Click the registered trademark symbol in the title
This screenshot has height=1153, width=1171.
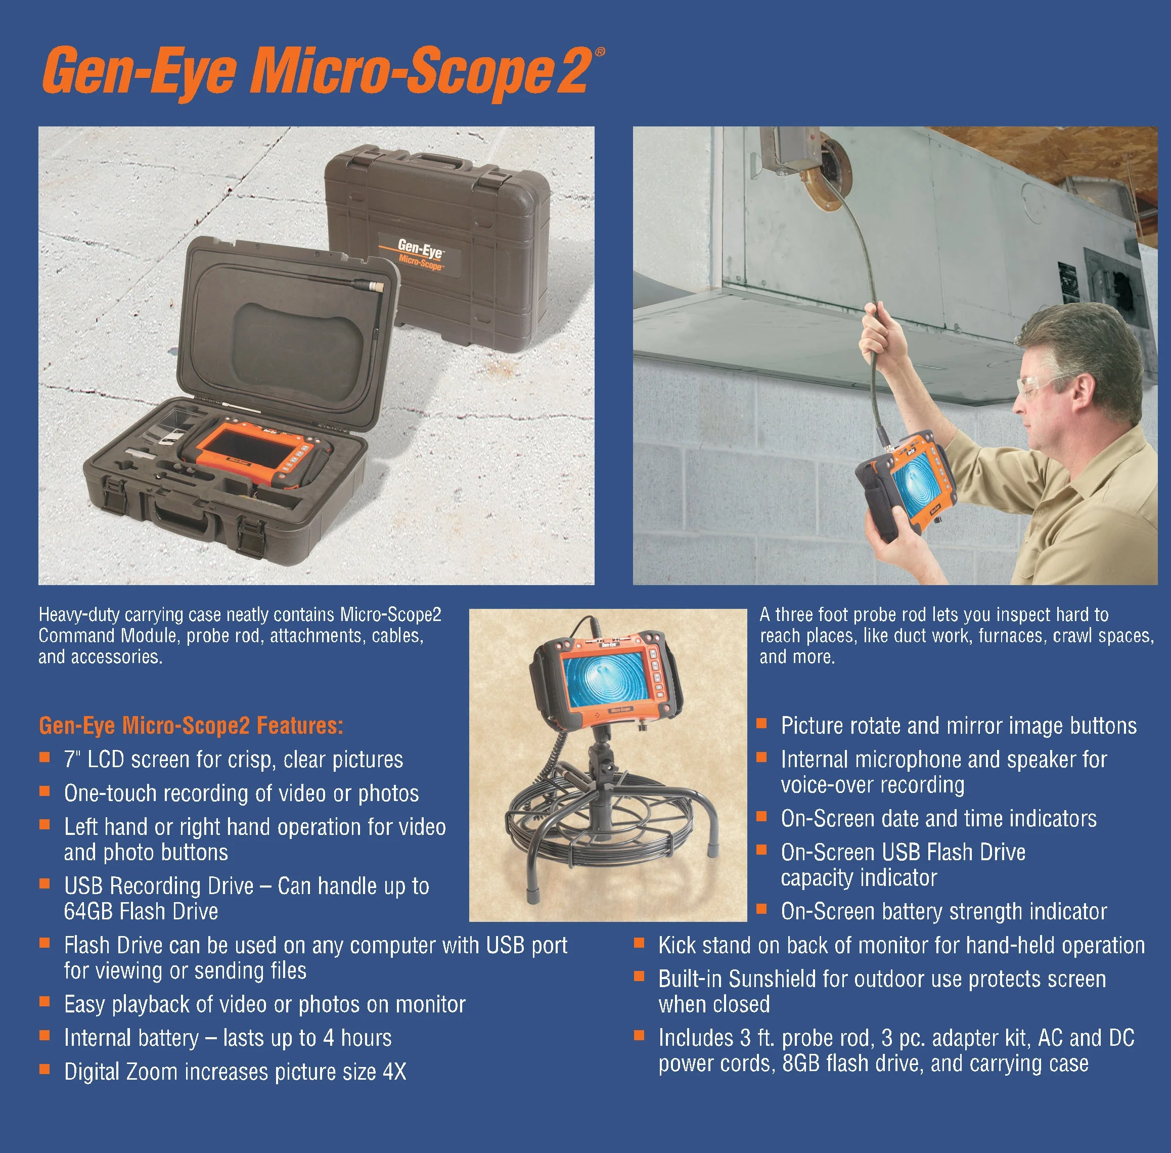tap(600, 52)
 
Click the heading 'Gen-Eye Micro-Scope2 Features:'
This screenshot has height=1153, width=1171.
tap(191, 725)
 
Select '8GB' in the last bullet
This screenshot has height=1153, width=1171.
tap(802, 1063)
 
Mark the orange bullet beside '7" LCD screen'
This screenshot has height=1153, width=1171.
tap(44, 757)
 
